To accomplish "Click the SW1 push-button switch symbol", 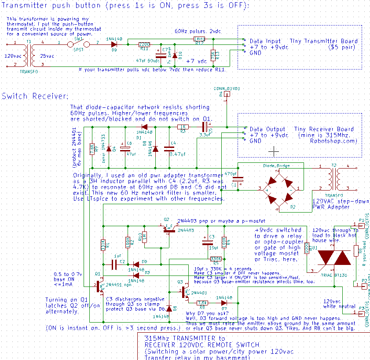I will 79,44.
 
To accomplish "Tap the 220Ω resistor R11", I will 143,44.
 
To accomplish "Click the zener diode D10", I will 175,55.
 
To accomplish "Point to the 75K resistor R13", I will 213,55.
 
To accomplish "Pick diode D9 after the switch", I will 114,44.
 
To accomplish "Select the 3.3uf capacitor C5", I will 204,127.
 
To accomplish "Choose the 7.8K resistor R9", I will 92,148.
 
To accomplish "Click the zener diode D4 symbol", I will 109,148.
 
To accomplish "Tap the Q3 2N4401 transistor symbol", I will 185,292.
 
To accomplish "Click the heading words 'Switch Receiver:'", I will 35,96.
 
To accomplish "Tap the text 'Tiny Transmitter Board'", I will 324,41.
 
